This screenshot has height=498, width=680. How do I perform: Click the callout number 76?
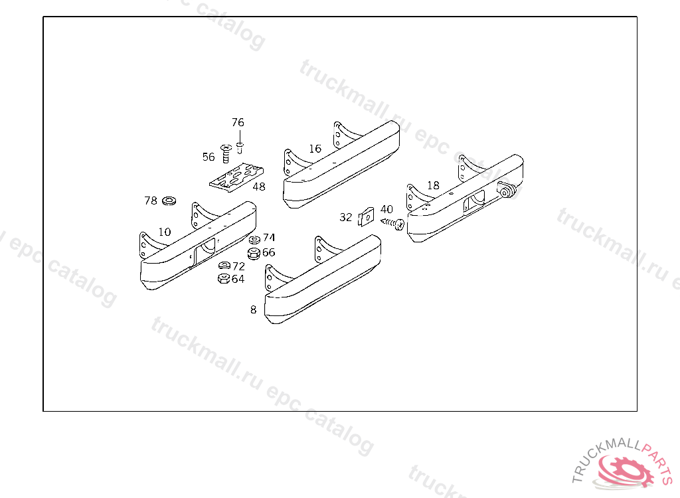tap(238, 122)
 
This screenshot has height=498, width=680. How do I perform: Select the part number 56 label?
tap(209, 157)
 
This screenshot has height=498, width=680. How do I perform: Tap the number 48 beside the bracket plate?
tap(259, 187)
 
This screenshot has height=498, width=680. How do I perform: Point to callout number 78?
tap(151, 201)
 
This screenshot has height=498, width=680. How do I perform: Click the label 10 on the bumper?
tap(165, 232)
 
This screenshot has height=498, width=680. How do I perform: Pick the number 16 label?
tap(315, 149)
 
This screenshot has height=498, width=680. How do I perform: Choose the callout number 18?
tap(433, 186)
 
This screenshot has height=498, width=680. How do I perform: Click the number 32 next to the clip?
tap(346, 217)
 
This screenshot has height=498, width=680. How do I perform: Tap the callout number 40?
tap(386, 210)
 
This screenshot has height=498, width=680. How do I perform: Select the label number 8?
tap(253, 309)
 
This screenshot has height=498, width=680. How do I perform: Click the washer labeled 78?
tap(169, 200)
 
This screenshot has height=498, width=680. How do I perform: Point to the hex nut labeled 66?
tap(253, 253)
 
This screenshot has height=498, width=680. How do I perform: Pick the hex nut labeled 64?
tap(224, 279)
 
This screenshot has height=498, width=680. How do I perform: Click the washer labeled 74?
tap(254, 238)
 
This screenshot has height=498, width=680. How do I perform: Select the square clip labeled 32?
tap(366, 216)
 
